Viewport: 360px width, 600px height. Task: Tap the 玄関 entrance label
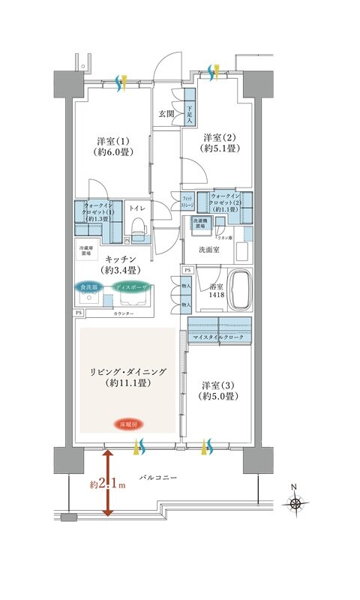tap(166, 114)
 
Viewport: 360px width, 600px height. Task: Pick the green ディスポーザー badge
tap(130, 286)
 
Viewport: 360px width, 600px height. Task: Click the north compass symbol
tap(298, 503)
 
